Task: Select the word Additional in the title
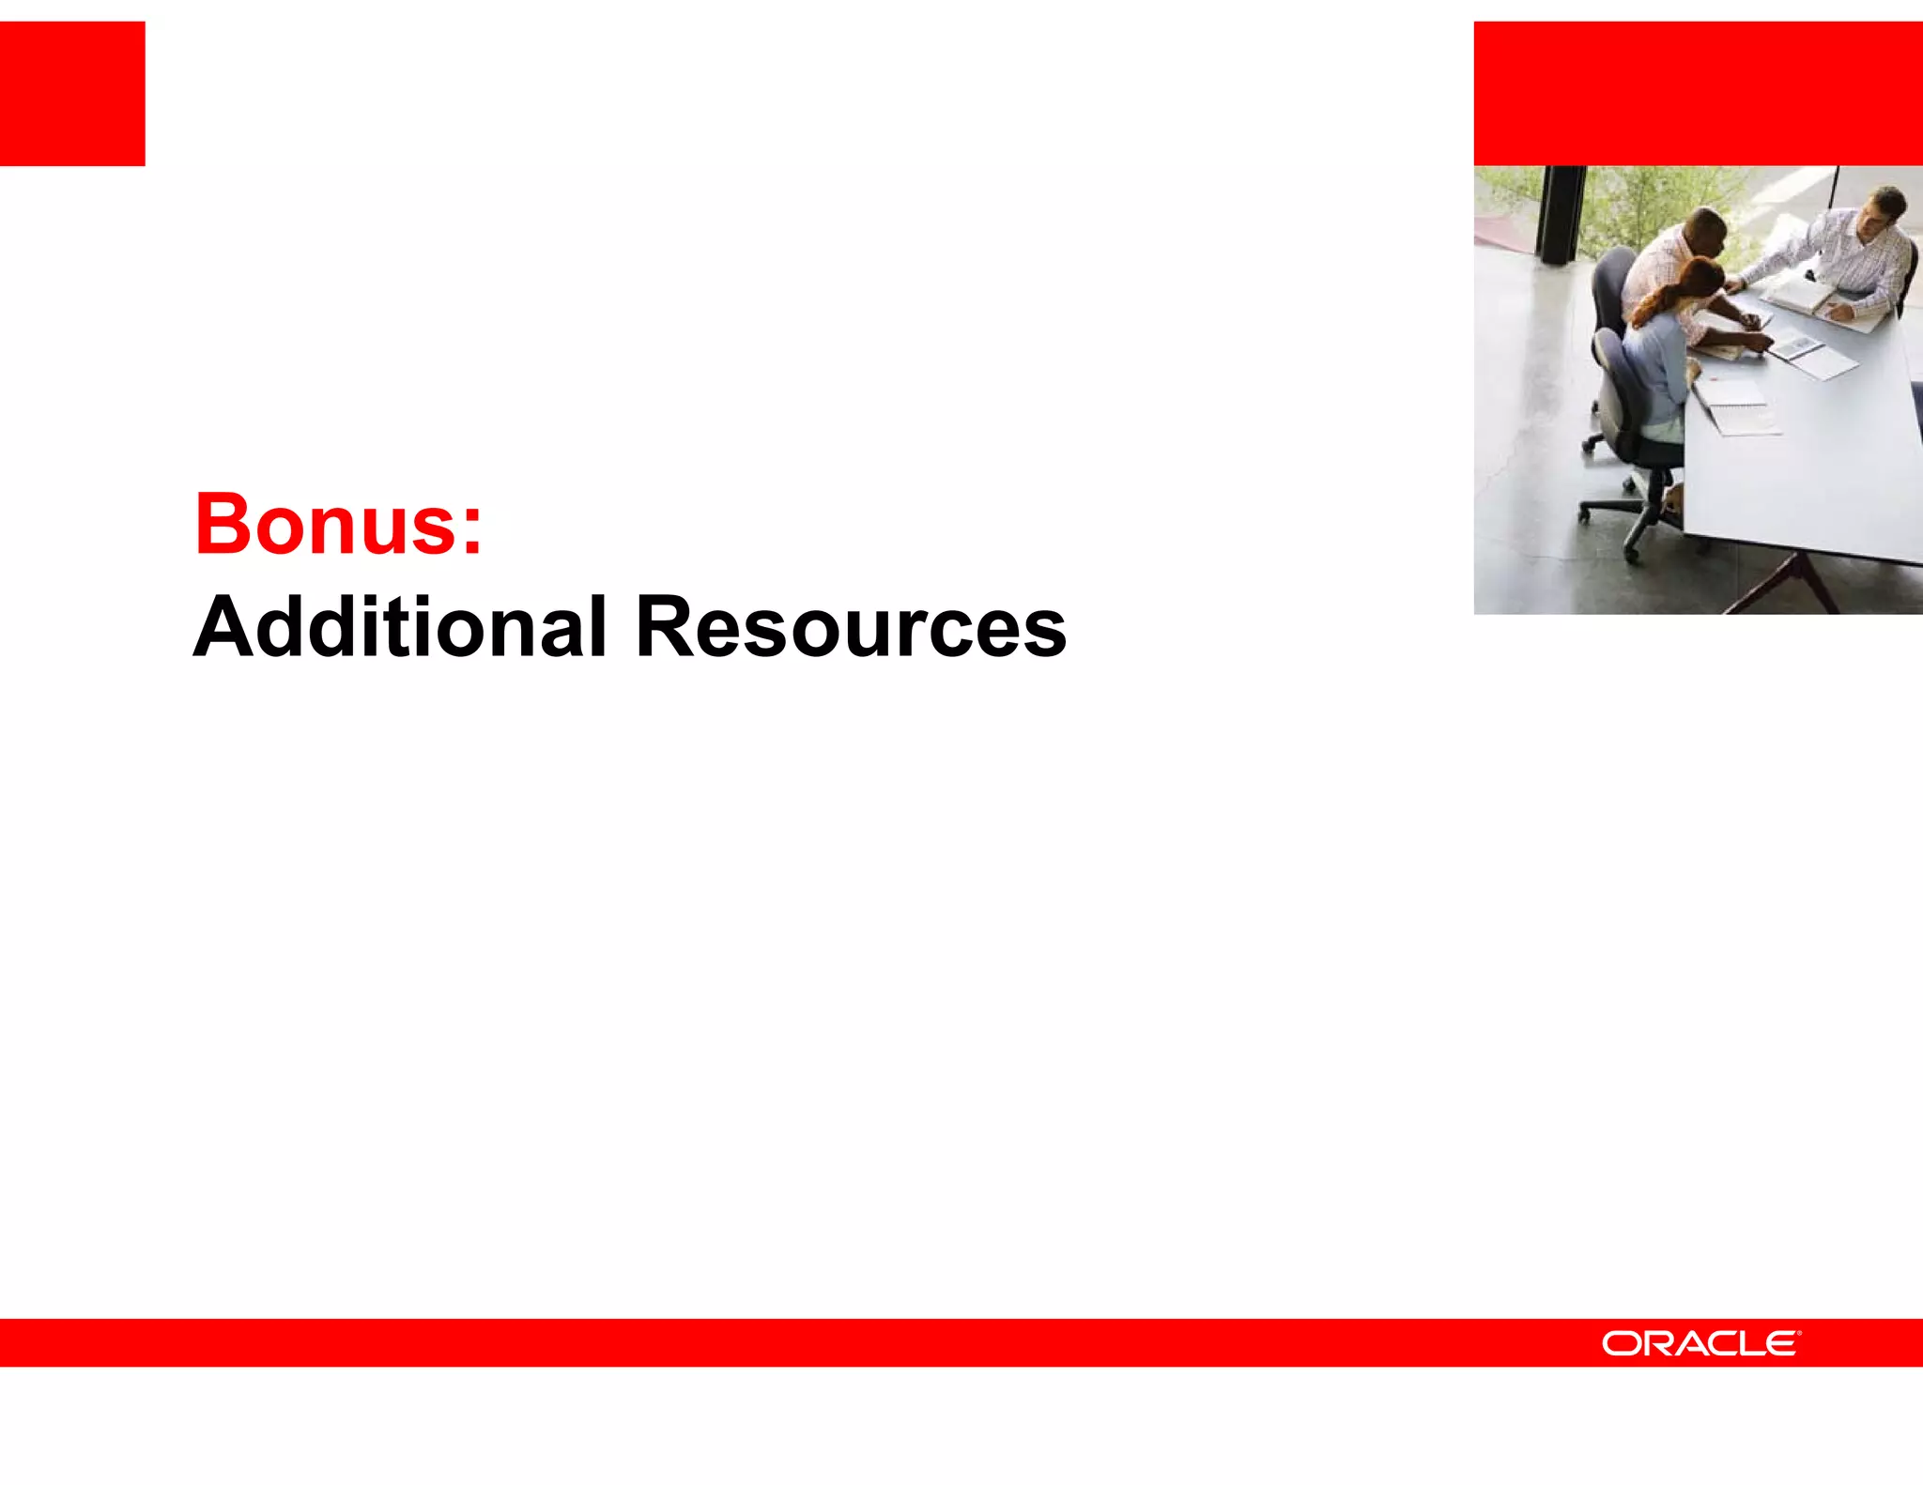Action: pyautogui.click(x=399, y=627)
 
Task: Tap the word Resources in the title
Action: pyautogui.click(x=850, y=627)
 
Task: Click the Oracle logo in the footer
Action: pyautogui.click(x=1700, y=1343)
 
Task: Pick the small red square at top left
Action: pyautogui.click(x=72, y=93)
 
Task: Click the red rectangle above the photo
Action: pyautogui.click(x=1698, y=93)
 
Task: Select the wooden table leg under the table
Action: pyautogui.click(x=1789, y=582)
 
